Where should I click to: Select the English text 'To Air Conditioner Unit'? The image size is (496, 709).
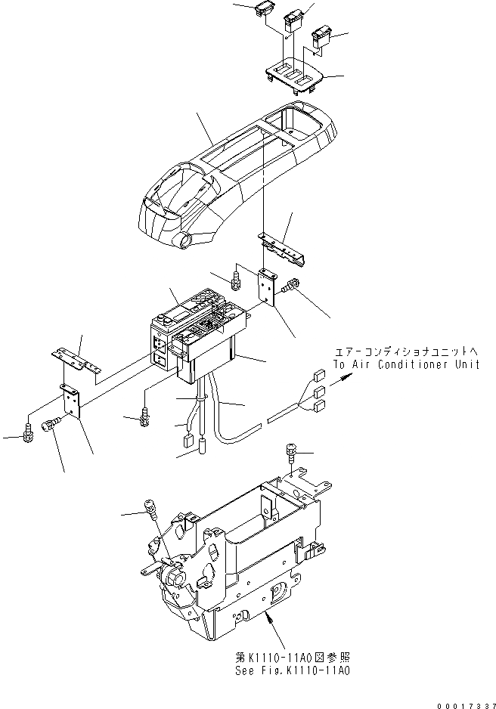pyautogui.click(x=406, y=364)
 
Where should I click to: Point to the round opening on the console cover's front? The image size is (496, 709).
pyautogui.click(x=185, y=242)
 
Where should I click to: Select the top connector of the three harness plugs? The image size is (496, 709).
pyautogui.click(x=318, y=373)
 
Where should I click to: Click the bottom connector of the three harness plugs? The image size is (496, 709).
pyautogui.click(x=319, y=406)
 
